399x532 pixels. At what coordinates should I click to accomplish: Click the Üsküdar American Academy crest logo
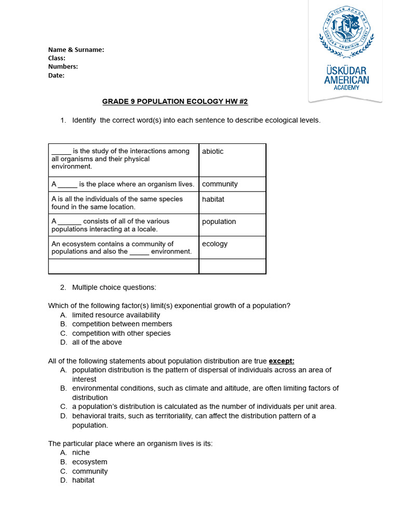346,32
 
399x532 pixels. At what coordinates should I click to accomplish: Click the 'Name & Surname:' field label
76,50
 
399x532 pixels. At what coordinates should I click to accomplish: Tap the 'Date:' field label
56,75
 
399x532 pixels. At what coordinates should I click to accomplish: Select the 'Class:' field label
57,58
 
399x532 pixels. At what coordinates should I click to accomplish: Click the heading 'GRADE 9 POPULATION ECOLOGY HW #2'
171,101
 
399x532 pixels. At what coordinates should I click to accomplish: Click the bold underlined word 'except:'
282,361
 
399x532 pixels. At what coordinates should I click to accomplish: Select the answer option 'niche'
81,453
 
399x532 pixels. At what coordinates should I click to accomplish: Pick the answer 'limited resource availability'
116,315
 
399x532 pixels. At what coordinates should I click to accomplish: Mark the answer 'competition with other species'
121,334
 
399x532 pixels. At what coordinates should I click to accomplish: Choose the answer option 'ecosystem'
89,462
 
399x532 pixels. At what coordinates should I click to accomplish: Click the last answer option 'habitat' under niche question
83,481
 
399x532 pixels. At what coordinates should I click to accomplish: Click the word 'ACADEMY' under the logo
346,88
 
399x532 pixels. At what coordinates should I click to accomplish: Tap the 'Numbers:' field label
63,66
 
